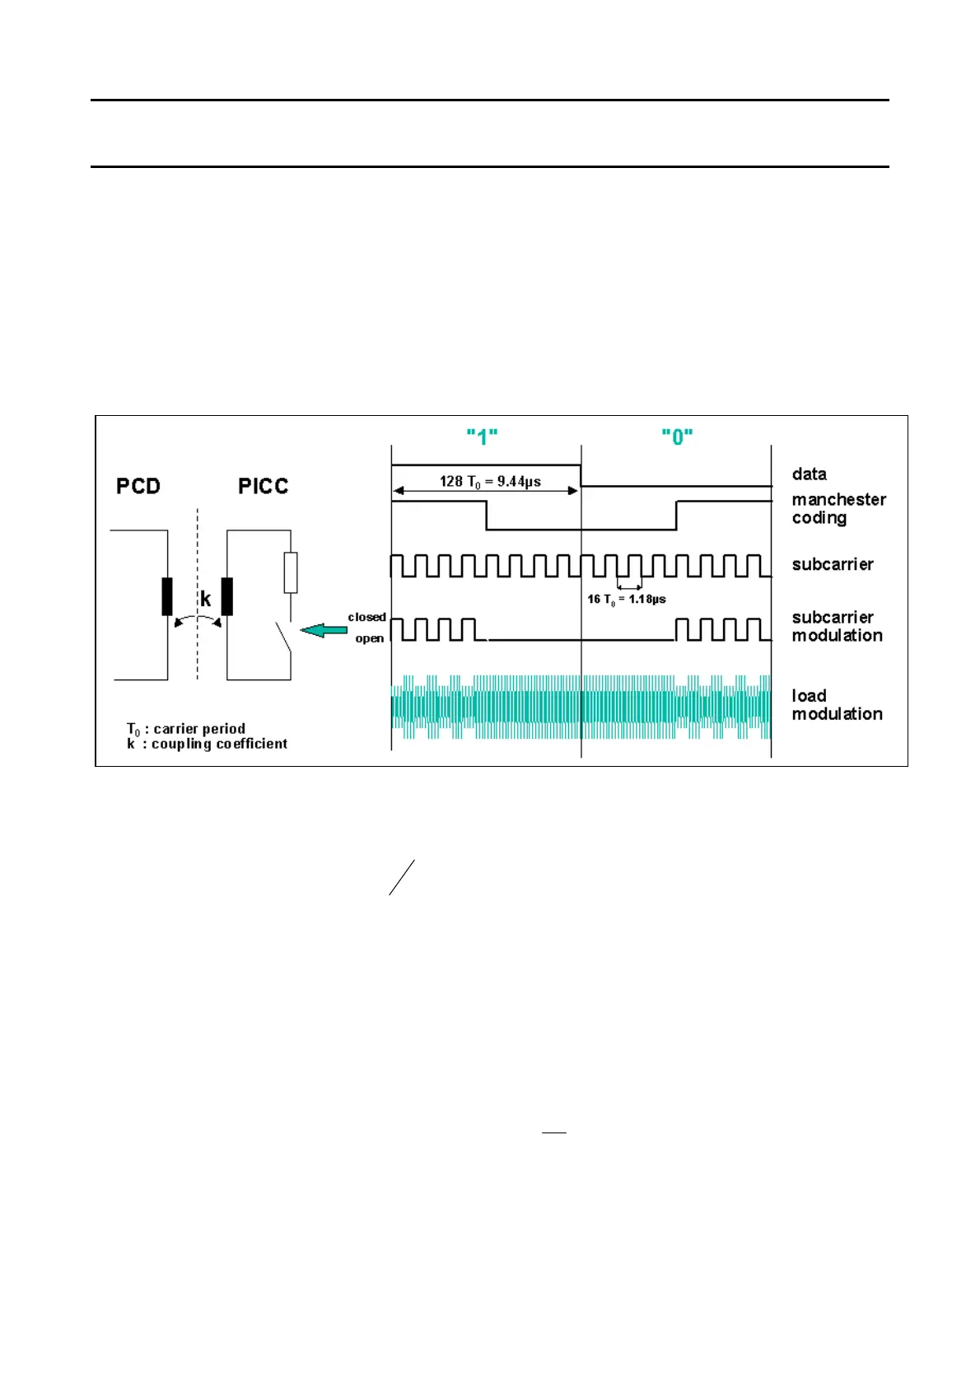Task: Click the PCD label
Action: pyautogui.click(x=138, y=486)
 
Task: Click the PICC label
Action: pyautogui.click(x=263, y=486)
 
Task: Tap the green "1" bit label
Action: pyautogui.click(x=482, y=437)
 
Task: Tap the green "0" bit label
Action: pyautogui.click(x=677, y=437)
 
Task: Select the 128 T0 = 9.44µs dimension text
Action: pyautogui.click(x=490, y=481)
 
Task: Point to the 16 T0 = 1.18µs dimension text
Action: pyautogui.click(x=626, y=599)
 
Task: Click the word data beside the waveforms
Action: pyautogui.click(x=809, y=474)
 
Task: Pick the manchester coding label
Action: pyautogui.click(x=838, y=508)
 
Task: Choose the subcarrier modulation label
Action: pyautogui.click(x=837, y=626)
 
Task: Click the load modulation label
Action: pyautogui.click(x=837, y=704)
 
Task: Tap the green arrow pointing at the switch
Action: pyautogui.click(x=323, y=631)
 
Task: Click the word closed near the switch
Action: pyautogui.click(x=366, y=617)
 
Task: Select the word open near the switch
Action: pyautogui.click(x=370, y=638)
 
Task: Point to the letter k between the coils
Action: pyautogui.click(x=205, y=599)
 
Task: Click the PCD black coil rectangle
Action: pyautogui.click(x=167, y=596)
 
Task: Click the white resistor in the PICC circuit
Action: pyautogui.click(x=291, y=572)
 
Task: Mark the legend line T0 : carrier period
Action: pyautogui.click(x=186, y=729)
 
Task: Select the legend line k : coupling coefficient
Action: pyautogui.click(x=207, y=744)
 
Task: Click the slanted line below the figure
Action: pyautogui.click(x=401, y=877)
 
